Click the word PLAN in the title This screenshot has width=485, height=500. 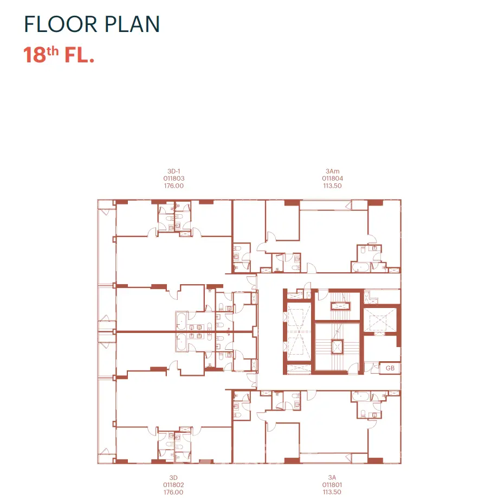pyautogui.click(x=132, y=24)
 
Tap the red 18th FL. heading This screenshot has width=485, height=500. pyautogui.click(x=59, y=55)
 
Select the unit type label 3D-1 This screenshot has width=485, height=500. pyautogui.click(x=173, y=171)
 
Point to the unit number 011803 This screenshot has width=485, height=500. pyautogui.click(x=173, y=178)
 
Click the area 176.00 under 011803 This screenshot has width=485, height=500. pyautogui.click(x=173, y=186)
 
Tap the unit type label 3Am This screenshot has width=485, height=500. pyautogui.click(x=332, y=171)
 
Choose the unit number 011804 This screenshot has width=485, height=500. pyautogui.click(x=332, y=178)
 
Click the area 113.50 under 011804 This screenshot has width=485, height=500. pyautogui.click(x=332, y=186)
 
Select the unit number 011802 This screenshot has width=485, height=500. pyautogui.click(x=173, y=485)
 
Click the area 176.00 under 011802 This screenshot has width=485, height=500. pyautogui.click(x=173, y=492)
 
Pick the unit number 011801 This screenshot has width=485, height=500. pyautogui.click(x=332, y=485)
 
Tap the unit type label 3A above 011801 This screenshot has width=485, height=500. pyautogui.click(x=332, y=478)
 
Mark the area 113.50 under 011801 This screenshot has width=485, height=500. pyautogui.click(x=332, y=492)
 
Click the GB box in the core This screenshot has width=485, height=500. pyautogui.click(x=390, y=368)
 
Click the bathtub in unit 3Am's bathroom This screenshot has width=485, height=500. pyautogui.click(x=361, y=267)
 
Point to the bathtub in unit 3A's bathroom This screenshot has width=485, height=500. pyautogui.click(x=361, y=396)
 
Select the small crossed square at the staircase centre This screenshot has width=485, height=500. pyautogui.click(x=337, y=347)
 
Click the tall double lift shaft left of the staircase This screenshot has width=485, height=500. pyautogui.click(x=299, y=332)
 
